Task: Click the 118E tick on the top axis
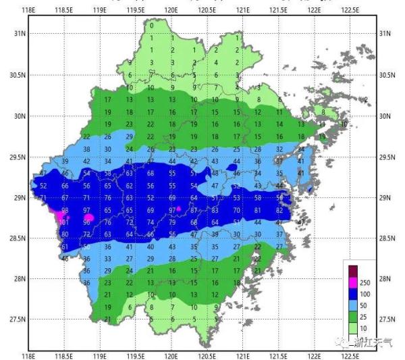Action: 28,10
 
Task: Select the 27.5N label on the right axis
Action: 387,319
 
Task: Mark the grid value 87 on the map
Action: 194,210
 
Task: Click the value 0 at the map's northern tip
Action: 151,25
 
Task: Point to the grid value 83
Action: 215,210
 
